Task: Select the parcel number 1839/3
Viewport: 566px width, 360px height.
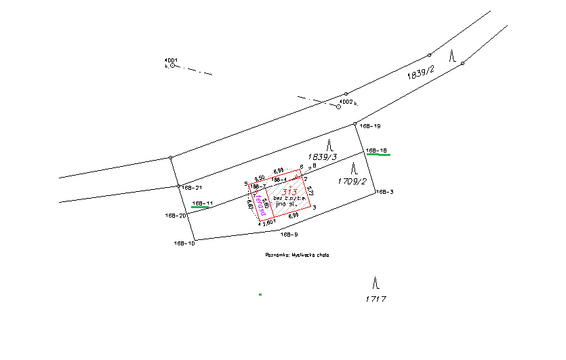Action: [x=323, y=157]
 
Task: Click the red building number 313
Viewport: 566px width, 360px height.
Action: [x=290, y=191]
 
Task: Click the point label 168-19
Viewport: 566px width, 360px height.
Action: [x=370, y=126]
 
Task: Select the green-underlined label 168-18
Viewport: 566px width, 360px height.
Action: [x=376, y=150]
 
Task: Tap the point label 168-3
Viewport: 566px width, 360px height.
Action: [x=384, y=192]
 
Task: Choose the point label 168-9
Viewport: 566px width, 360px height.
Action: [x=289, y=234]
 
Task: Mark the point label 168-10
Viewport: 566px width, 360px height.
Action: [x=184, y=243]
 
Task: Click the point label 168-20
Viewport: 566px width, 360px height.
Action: [x=175, y=215]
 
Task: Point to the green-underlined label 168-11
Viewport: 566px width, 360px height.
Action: [x=203, y=203]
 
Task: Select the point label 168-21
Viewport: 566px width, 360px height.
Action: [x=193, y=186]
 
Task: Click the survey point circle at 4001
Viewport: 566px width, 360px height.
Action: [x=173, y=66]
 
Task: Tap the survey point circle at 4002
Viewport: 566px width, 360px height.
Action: [x=339, y=106]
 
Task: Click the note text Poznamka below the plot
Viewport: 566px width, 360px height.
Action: [x=278, y=256]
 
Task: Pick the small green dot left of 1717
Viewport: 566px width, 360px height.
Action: [x=260, y=294]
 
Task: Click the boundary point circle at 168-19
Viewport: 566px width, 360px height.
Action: [x=355, y=124]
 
